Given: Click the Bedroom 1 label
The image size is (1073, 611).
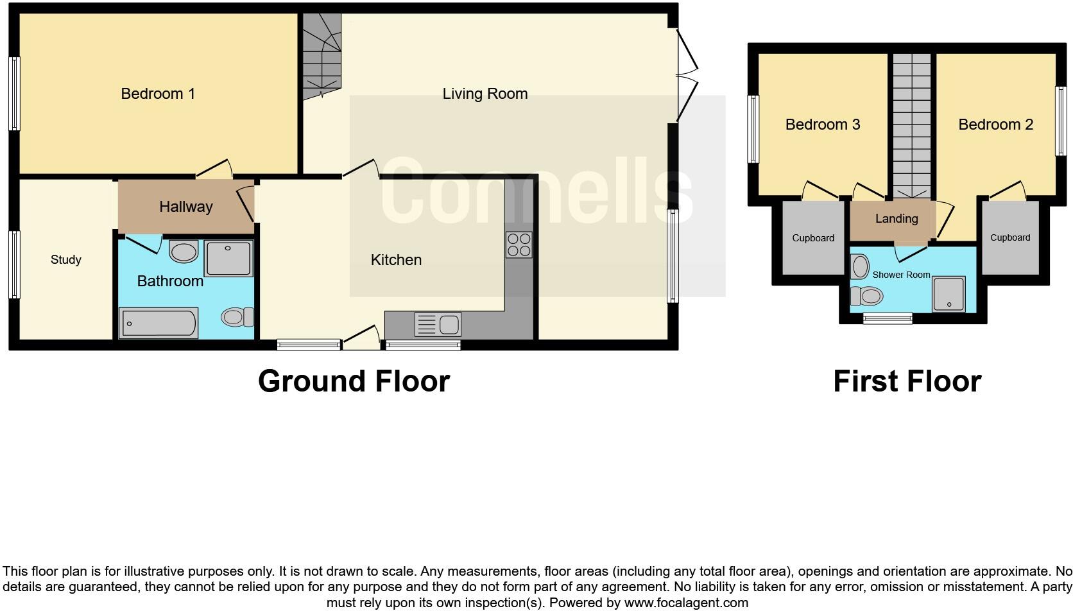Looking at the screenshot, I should coord(158,94).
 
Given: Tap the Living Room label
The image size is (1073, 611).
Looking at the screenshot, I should coord(485,94).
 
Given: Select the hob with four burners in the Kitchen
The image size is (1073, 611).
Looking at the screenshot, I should coord(519,245).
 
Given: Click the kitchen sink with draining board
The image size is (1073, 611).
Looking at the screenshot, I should coord(438,325).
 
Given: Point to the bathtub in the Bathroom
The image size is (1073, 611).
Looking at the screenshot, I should coord(158,323).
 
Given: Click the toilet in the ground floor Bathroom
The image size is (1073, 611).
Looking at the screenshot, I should coord(237,317).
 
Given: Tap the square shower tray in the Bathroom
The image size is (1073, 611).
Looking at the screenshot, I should coord(228,259).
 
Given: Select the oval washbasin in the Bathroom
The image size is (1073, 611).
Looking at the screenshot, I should coord(184,252).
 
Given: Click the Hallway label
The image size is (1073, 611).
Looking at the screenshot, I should coord(185,207).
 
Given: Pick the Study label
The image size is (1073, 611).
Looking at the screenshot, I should coord(66,260).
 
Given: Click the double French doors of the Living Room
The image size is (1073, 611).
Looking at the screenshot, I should coord(686,74).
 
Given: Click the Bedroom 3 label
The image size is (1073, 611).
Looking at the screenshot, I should coord(823,125).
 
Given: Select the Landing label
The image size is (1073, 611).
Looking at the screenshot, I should coord(897,219).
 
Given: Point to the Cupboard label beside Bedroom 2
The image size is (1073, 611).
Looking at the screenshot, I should coord(1010,237).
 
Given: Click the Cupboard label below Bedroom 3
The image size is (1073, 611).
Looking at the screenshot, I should coord(813,238).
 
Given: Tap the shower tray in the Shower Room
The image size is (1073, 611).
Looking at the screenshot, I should coord(949,294).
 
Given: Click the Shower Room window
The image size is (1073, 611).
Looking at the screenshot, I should coord(888,318).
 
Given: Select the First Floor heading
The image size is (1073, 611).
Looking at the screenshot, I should coord(907,381).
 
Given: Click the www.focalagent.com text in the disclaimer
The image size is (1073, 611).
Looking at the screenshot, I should coord(686,603).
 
